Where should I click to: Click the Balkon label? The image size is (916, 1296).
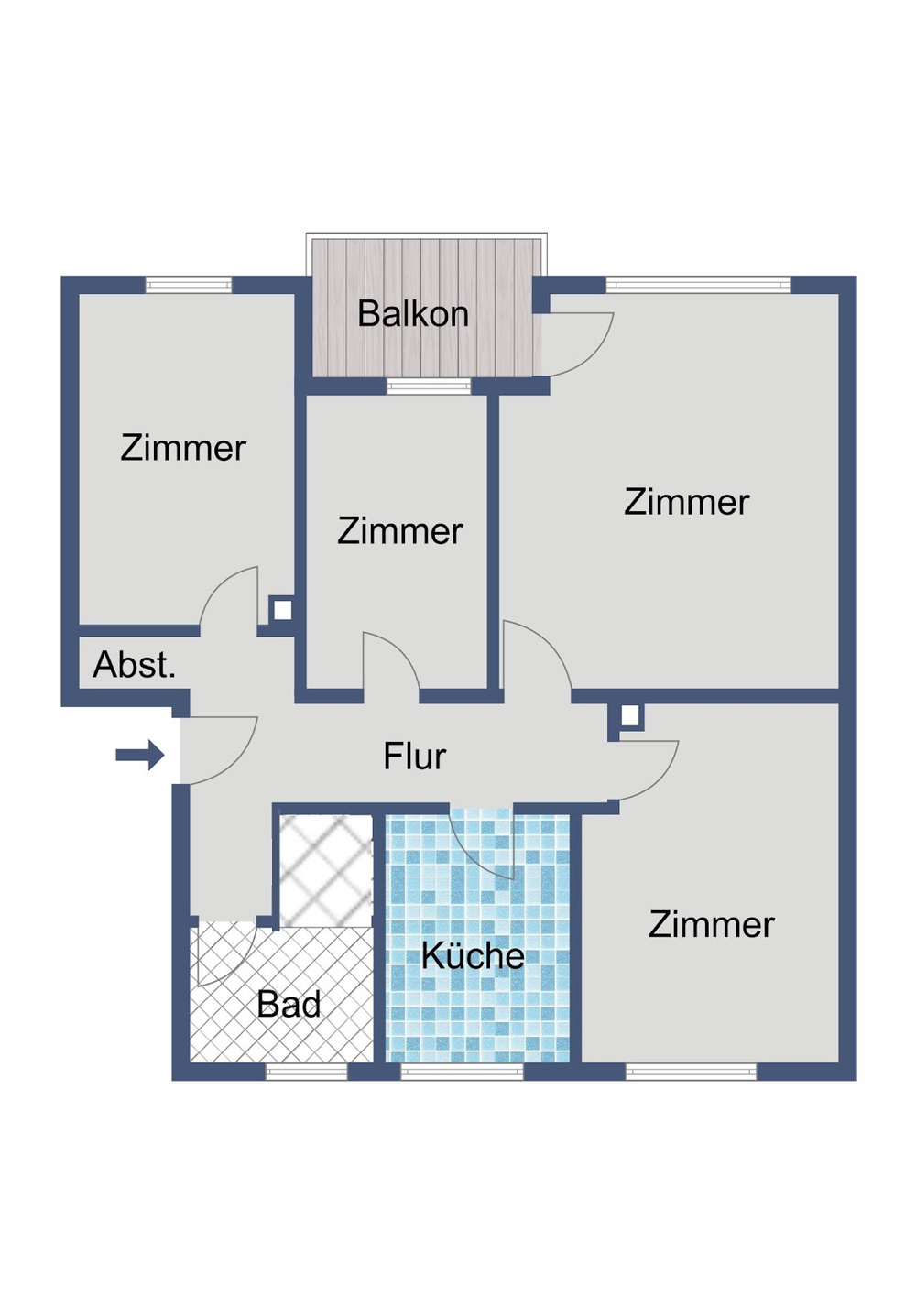[413, 314]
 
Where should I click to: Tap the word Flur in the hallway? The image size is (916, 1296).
[414, 757]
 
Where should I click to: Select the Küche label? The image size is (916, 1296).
[473, 956]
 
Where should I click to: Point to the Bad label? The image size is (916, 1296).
[289, 1005]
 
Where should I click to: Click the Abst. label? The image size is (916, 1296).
[134, 665]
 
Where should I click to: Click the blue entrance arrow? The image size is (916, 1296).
[139, 756]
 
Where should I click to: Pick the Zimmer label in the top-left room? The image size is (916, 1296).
[183, 448]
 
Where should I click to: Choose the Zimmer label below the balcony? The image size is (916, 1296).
[400, 531]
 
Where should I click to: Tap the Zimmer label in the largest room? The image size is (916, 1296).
[687, 502]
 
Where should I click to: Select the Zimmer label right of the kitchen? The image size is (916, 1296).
[712, 924]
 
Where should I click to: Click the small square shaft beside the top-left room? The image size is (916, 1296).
[282, 609]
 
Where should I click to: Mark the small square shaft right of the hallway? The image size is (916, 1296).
[629, 715]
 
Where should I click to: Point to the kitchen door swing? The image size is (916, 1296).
[485, 847]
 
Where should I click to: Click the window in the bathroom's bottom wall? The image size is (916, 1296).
[307, 1072]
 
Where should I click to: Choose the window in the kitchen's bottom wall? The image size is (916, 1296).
[462, 1072]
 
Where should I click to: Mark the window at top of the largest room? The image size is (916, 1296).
[698, 285]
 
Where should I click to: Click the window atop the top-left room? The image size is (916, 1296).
[189, 285]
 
